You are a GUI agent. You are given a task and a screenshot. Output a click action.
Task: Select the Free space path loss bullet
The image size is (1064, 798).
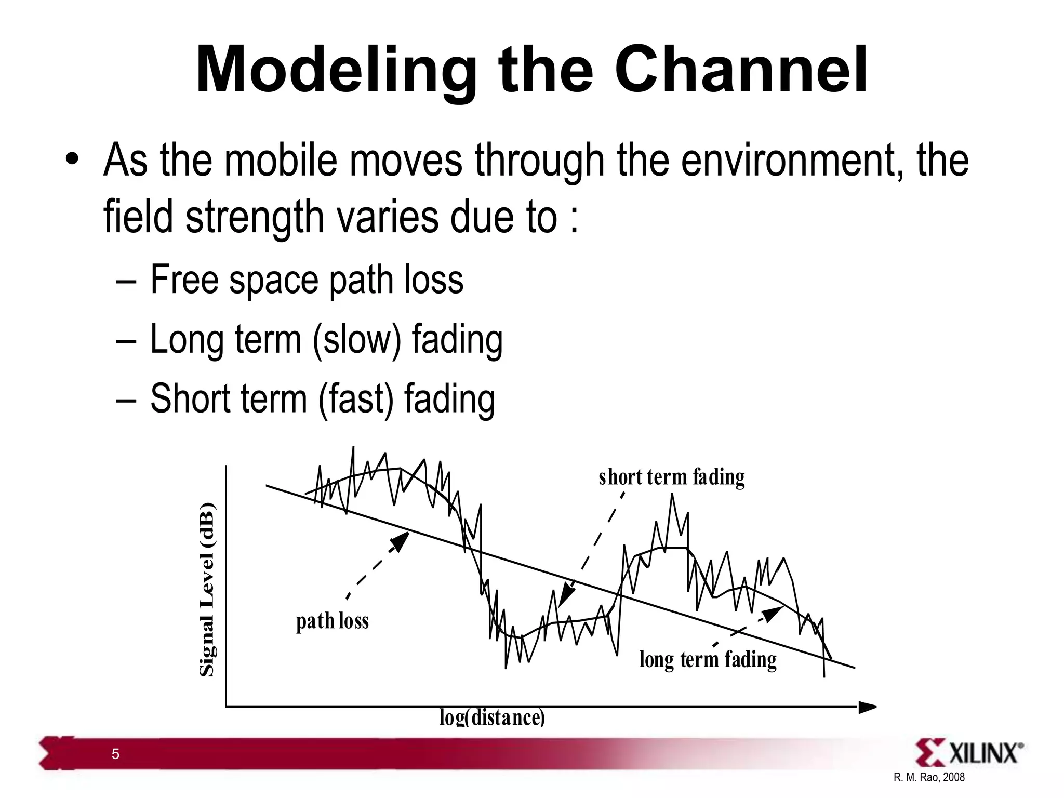(x=307, y=280)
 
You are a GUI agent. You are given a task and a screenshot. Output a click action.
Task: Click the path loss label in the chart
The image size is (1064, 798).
(x=332, y=621)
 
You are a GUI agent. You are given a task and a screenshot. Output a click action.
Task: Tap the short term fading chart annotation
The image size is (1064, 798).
(x=671, y=477)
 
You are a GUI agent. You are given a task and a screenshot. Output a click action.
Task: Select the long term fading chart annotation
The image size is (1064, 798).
(x=708, y=659)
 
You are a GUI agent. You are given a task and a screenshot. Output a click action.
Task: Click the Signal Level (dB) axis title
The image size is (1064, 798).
(x=207, y=590)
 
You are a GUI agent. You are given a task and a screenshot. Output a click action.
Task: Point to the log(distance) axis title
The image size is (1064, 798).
(x=492, y=717)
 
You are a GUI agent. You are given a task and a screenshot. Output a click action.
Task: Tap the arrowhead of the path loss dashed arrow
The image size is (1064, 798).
(x=401, y=541)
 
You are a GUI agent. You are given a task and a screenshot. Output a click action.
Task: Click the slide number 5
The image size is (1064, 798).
(x=115, y=754)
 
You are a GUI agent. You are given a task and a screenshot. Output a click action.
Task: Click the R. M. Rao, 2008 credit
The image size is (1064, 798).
(x=929, y=777)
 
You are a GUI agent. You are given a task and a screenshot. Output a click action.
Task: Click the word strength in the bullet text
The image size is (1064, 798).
(x=255, y=217)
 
